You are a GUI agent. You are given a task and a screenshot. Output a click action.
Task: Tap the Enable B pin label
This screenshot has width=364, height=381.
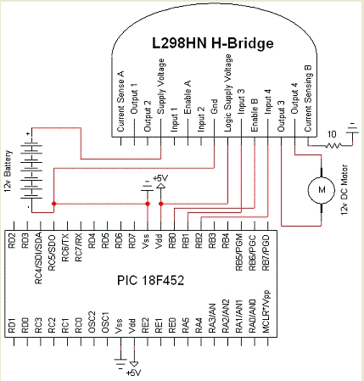(254, 110)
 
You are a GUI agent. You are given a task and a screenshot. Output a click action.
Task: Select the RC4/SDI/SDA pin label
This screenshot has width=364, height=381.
(39, 254)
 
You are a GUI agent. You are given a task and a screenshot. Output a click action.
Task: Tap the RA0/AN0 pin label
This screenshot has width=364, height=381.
(254, 330)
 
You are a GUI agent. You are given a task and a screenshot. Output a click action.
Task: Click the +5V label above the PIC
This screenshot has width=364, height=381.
(160, 177)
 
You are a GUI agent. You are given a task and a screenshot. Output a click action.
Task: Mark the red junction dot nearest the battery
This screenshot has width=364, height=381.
(53, 205)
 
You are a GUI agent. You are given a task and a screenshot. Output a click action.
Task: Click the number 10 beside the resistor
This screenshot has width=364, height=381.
(333, 135)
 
